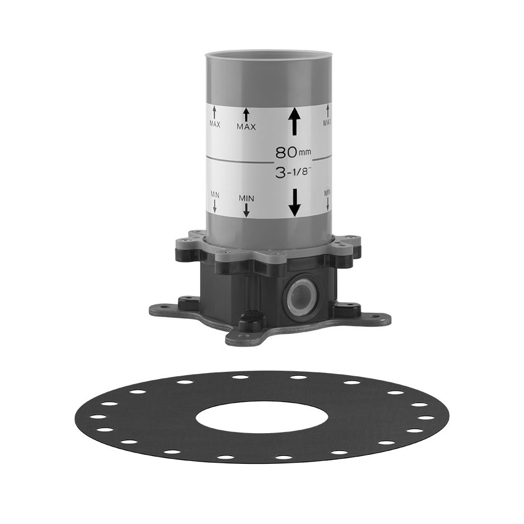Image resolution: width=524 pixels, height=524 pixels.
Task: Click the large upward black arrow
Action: coord(294,122)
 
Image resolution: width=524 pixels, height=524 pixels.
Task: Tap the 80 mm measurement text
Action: coord(293,153)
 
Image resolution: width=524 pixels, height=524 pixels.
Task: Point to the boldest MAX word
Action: coord(246,127)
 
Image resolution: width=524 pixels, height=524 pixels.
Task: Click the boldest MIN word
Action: coord(246,198)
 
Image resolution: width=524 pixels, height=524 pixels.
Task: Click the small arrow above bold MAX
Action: coord(246,115)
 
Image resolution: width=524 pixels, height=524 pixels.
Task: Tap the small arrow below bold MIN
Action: coord(246,210)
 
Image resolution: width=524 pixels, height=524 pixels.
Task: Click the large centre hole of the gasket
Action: coord(262,415)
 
